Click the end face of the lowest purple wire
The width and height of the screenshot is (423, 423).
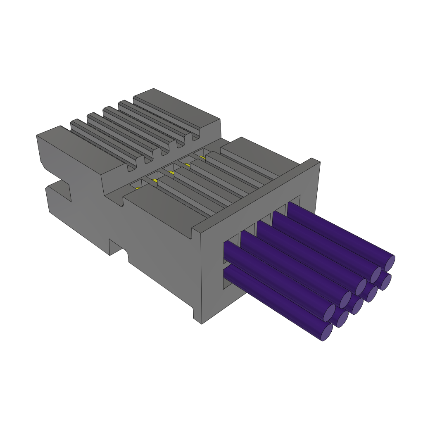click(x=327, y=332)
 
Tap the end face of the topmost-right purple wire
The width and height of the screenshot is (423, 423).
click(x=389, y=263)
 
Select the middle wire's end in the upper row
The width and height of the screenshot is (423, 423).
click(x=361, y=287)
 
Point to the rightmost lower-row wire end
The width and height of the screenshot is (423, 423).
click(x=386, y=283)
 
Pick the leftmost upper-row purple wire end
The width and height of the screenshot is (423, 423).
click(x=329, y=313)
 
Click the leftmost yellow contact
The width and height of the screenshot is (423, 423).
click(x=138, y=188)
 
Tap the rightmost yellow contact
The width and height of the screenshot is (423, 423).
click(x=202, y=157)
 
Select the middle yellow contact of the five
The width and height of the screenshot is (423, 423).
click(x=171, y=173)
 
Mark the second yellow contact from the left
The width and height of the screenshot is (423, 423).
click(x=155, y=181)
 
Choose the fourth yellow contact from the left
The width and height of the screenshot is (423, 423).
click(x=187, y=165)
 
